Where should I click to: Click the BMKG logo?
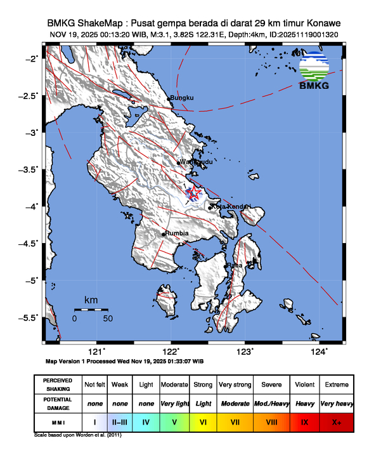tap(314, 71)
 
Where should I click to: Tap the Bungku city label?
tap(181, 98)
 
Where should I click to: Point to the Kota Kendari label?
tap(231, 207)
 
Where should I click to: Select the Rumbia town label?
tap(177, 234)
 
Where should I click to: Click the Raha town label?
tap(235, 265)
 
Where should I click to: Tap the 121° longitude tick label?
tap(96, 352)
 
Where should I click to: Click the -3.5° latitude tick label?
tap(30, 169)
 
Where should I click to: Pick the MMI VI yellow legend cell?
tap(204, 421)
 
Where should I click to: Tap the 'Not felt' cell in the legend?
tap(94, 385)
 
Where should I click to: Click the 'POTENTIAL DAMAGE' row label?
tap(58, 403)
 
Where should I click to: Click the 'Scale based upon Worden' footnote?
tap(77, 436)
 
